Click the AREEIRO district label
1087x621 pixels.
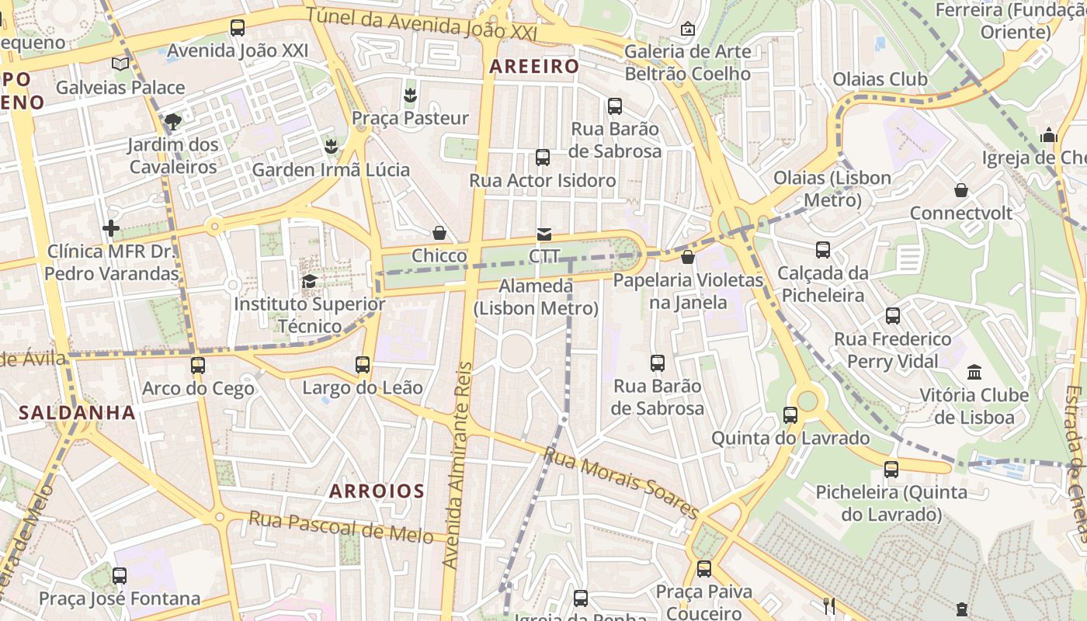click(534, 67)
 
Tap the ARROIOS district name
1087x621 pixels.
click(377, 491)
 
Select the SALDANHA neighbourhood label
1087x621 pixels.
click(77, 412)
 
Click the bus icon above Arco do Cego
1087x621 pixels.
click(198, 365)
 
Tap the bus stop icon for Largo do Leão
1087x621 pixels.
click(363, 364)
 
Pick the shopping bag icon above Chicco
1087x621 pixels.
click(439, 233)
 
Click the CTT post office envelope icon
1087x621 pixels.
click(544, 234)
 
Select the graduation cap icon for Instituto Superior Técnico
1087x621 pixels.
click(309, 281)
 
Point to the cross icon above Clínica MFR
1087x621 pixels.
click(111, 228)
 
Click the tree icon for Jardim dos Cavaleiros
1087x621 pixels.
click(173, 121)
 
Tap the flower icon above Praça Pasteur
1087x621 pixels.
click(410, 95)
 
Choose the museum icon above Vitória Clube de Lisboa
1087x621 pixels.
click(974, 372)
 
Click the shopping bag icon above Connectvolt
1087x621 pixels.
click(961, 190)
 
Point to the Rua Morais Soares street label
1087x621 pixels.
click(621, 482)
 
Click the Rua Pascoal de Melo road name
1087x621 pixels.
click(341, 527)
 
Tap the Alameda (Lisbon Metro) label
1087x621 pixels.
click(536, 297)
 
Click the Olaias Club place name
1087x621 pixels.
click(880, 79)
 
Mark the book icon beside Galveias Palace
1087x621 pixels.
click(120, 64)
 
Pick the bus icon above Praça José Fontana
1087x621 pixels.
click(120, 575)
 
